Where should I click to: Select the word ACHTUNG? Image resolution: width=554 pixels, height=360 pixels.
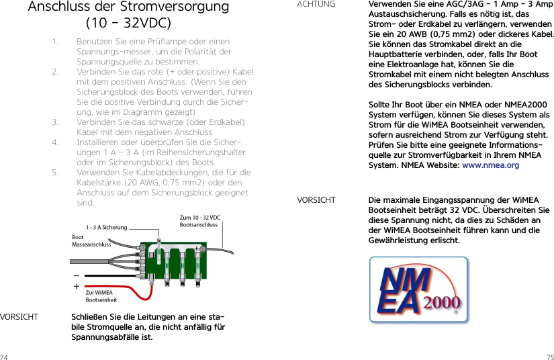pos(316,5)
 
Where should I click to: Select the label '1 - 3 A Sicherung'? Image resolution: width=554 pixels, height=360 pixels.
pos(106,228)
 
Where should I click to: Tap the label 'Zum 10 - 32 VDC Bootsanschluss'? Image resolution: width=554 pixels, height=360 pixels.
pos(199,221)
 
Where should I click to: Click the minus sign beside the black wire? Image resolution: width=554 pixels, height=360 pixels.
pos(76,275)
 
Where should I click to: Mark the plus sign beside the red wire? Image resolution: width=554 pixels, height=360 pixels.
pos(76,286)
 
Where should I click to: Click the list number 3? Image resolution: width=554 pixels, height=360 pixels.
pos(54,122)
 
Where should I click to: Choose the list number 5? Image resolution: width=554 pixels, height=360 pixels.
pos(54,173)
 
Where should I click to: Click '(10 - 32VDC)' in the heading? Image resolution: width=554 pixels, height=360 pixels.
pos(128,24)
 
